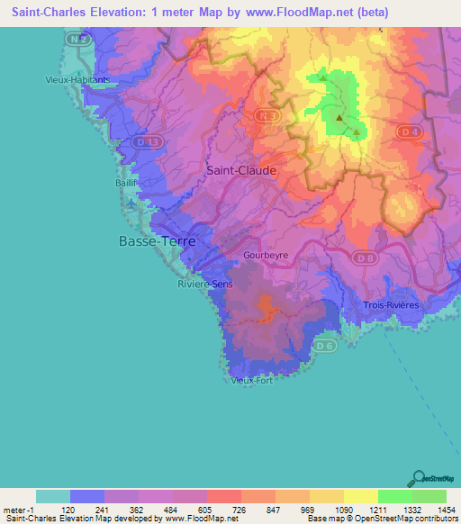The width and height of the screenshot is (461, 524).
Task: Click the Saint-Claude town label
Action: (x=241, y=169)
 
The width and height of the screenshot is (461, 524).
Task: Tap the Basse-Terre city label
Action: (x=157, y=241)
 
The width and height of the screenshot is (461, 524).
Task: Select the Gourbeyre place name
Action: (x=266, y=256)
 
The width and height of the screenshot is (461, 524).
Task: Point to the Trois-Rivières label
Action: (x=391, y=305)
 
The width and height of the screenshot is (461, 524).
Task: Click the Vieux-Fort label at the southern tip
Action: (x=252, y=380)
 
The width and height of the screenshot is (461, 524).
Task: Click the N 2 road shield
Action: (x=80, y=41)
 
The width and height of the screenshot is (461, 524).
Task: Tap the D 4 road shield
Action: (x=410, y=132)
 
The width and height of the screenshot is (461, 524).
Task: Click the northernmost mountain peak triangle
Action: (x=322, y=77)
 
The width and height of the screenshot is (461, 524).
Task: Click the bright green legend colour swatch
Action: (x=395, y=496)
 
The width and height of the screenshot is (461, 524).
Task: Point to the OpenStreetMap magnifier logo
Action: (x=419, y=477)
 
